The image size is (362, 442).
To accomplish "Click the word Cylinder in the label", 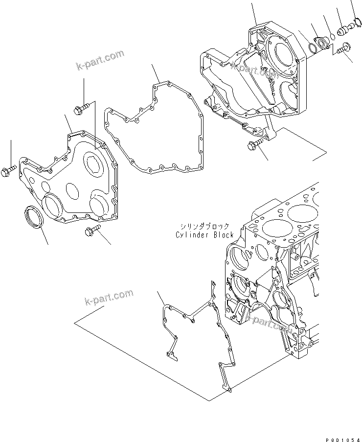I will pyautogui.click(x=192, y=235).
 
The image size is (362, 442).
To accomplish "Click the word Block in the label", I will pyautogui.click(x=222, y=235).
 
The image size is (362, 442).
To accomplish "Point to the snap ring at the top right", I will pyautogui.click(x=356, y=22).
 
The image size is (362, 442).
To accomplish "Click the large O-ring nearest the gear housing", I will pyautogui.click(x=312, y=48).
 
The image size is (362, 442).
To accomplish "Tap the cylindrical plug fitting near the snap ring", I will pyautogui.click(x=344, y=30).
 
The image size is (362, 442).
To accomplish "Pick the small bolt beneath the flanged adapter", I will pyautogui.click(x=342, y=48).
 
